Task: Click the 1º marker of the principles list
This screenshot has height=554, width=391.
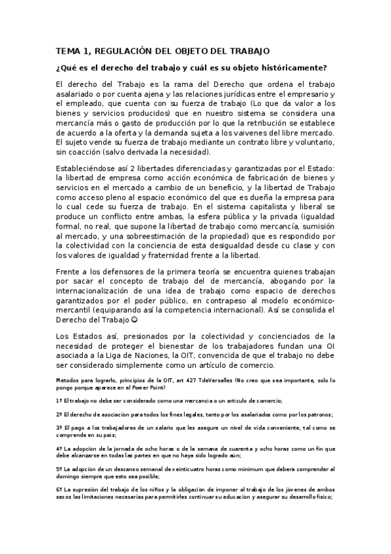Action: point(59,400)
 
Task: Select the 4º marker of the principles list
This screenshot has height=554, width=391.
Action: point(59,449)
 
